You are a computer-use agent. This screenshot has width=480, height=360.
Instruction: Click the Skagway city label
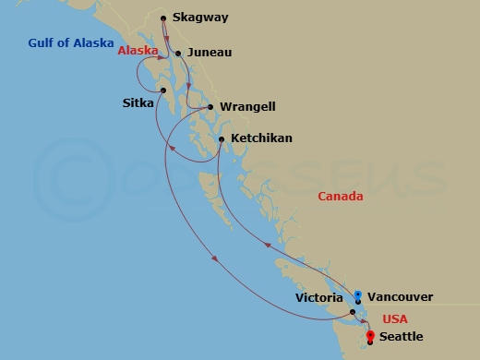[x=200, y=18]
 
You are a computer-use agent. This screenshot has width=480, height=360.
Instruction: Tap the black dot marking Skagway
[x=163, y=18]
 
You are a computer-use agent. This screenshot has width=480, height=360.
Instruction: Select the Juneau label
[x=207, y=54]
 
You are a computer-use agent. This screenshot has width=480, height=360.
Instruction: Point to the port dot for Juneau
[x=179, y=54]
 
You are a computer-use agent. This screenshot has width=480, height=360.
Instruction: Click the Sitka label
[x=138, y=103]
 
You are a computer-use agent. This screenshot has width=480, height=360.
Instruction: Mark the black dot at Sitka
[x=163, y=90]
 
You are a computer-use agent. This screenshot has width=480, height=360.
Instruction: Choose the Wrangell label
[x=247, y=107]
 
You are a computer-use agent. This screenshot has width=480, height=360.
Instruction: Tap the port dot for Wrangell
[x=211, y=107]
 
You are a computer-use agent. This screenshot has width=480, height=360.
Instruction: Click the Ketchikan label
[x=261, y=138]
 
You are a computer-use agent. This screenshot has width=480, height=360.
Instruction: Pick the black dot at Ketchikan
[x=222, y=139]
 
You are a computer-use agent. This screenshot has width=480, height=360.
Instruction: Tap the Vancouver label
[x=400, y=297]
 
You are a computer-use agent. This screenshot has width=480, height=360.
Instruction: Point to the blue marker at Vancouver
[x=357, y=295]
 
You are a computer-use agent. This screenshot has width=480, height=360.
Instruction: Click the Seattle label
[x=401, y=337]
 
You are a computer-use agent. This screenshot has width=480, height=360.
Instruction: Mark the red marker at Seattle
[x=369, y=336]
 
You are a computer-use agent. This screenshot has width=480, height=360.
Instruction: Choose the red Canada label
[x=340, y=196]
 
